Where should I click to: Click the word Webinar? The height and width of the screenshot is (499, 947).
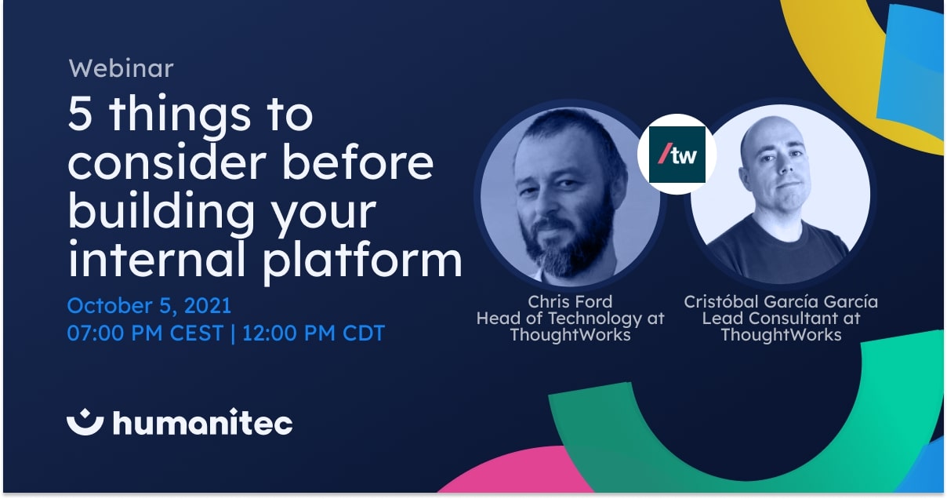pyautogui.click(x=121, y=68)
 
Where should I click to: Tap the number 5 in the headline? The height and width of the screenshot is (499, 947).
pyautogui.click(x=79, y=114)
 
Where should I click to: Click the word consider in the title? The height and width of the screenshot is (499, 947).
pyautogui.click(x=167, y=162)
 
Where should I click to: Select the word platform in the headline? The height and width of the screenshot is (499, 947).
pyautogui.click(x=362, y=260)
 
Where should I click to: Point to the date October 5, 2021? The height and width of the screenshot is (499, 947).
pyautogui.click(x=149, y=305)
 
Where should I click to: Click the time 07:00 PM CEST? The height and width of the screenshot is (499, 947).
pyautogui.click(x=145, y=333)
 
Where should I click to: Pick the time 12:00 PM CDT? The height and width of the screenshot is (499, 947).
pyautogui.click(x=314, y=333)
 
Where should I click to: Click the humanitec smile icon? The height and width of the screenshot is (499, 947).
pyautogui.click(x=85, y=421)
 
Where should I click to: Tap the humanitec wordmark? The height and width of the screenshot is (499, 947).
pyautogui.click(x=203, y=421)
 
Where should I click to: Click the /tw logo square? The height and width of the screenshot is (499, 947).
pyautogui.click(x=677, y=155)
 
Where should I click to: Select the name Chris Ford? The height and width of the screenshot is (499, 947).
pyautogui.click(x=570, y=302)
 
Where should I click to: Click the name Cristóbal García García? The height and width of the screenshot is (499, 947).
pyautogui.click(x=781, y=302)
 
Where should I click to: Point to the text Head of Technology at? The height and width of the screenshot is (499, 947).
pyautogui.click(x=570, y=319)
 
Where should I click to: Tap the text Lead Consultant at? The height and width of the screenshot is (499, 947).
pyautogui.click(x=781, y=319)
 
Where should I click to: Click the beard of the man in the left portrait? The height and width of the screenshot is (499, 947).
pyautogui.click(x=568, y=237)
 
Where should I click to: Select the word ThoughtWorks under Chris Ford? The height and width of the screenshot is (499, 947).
pyautogui.click(x=570, y=335)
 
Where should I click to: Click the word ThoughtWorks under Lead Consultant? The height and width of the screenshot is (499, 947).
pyautogui.click(x=781, y=335)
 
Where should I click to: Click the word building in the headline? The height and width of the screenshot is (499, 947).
pyautogui.click(x=161, y=212)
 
